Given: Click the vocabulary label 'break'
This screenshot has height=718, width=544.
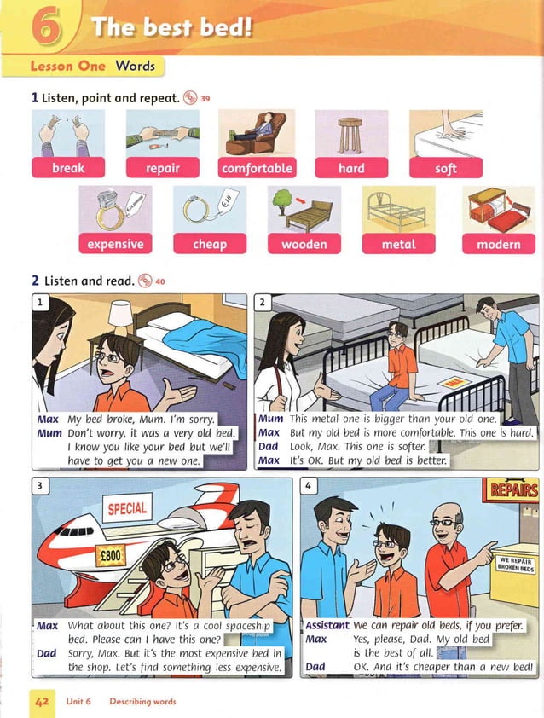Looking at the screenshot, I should tap(67, 168).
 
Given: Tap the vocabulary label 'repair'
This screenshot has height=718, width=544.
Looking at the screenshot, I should tap(162, 168).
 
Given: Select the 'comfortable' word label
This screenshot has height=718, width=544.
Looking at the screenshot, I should tap(257, 168).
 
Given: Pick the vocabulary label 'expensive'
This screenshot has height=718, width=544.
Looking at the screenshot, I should tap(115, 244).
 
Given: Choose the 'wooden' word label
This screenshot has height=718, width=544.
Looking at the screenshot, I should tap(304, 244).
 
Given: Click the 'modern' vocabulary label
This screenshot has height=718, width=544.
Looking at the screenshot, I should tap(499, 244).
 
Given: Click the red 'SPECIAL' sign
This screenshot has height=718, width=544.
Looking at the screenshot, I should tap(126, 509).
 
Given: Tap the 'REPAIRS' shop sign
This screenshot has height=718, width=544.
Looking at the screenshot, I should tap(513, 489).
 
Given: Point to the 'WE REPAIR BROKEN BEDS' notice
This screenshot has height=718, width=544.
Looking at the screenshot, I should tap(516, 564).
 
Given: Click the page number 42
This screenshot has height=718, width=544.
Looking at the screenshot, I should tap(40, 701).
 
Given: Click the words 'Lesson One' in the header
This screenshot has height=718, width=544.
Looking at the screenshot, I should tap(68, 66).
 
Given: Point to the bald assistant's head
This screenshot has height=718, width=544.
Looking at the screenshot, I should tap(444, 514).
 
